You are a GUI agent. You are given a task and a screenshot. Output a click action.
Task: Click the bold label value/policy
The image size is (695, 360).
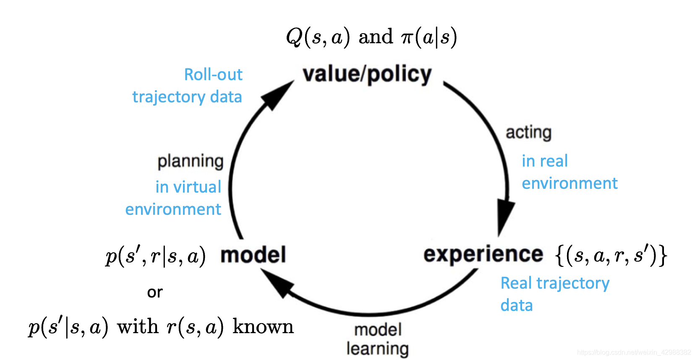(367, 75)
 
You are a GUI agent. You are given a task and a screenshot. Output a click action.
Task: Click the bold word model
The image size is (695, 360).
(253, 255)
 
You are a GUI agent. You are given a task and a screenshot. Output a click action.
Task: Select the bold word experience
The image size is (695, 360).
(483, 254)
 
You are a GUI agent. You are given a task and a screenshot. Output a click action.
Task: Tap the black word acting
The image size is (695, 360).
(528, 133)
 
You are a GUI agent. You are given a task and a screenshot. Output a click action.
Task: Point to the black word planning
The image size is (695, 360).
(190, 161)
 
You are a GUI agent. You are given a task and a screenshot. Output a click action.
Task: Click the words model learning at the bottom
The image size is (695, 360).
(377, 339)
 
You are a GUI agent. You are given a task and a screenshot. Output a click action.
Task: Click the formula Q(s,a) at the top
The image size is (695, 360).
(318, 37)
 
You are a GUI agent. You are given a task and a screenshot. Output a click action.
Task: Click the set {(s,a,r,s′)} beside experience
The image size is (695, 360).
(611, 255)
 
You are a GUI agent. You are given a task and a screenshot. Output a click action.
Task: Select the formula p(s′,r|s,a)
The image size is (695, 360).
(155, 256)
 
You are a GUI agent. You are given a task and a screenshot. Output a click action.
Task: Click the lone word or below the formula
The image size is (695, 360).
(154, 292)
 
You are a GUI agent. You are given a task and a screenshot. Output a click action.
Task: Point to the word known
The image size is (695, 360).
(263, 326)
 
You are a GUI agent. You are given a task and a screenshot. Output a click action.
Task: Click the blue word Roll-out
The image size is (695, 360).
(213, 75)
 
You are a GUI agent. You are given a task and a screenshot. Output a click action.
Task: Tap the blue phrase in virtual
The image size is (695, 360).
(188, 187)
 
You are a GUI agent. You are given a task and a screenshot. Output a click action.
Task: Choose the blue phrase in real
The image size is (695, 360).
(544, 161)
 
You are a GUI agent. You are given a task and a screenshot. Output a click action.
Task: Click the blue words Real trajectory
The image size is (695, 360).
(554, 283)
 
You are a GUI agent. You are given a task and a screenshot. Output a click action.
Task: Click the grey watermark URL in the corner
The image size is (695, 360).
(634, 352)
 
